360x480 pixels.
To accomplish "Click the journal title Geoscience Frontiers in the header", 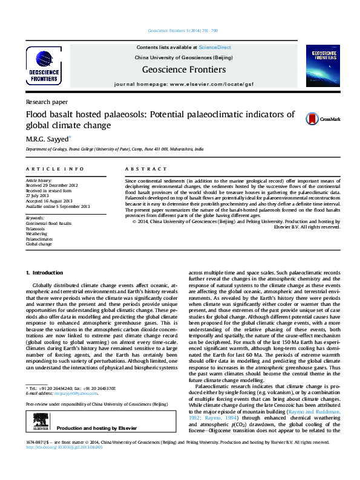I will click(183, 70).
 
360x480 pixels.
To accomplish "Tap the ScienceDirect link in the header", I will click(215, 47).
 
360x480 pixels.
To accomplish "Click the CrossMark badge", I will click(314, 119).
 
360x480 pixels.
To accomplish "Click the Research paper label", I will click(47, 102).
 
